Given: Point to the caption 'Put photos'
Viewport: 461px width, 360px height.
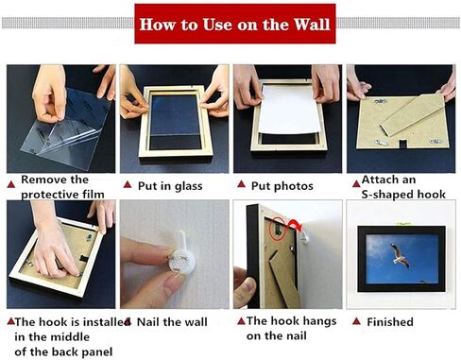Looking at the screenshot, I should pyautogui.click(x=282, y=185).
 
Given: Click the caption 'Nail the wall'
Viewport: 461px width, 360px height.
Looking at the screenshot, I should pyautogui.click(x=172, y=321).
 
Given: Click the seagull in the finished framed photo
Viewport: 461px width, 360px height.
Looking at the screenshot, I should pyautogui.click(x=401, y=256).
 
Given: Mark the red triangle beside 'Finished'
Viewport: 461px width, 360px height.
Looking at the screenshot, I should pyautogui.click(x=354, y=321).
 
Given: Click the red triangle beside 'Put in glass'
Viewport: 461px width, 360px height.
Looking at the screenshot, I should pyautogui.click(x=128, y=185).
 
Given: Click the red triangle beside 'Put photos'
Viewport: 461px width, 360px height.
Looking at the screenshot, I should pyautogui.click(x=240, y=185).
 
